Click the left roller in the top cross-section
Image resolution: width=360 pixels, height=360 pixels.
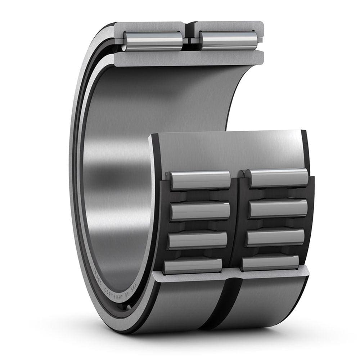point(154,41)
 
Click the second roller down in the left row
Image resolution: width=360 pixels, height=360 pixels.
point(200,211)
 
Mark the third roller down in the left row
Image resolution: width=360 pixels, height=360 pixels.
point(198,240)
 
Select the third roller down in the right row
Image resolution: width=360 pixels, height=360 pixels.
point(275,238)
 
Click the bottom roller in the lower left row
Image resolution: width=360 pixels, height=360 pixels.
point(193,266)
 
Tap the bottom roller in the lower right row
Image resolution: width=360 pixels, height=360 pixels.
point(270,263)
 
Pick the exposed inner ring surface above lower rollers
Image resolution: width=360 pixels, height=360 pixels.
point(230,149)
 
